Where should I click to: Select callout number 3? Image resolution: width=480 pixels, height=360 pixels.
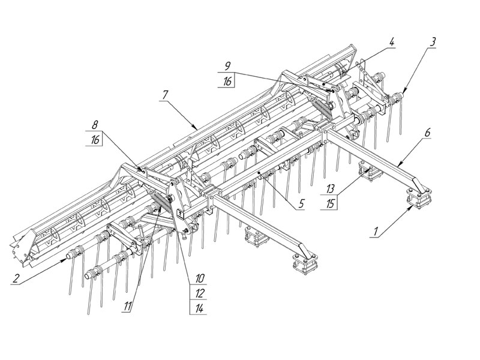coord(432,42)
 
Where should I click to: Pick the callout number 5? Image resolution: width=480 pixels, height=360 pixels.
coord(302,203)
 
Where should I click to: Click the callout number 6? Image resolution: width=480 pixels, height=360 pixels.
coord(427,133)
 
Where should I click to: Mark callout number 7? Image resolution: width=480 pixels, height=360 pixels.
coord(164,95)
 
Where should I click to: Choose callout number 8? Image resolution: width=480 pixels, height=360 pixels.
coord(95,125)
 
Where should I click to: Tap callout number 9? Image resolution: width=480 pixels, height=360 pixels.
coord(227,66)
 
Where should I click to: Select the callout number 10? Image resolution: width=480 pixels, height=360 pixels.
coord(200,278)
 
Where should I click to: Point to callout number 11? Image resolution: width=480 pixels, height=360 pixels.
coord(128,306)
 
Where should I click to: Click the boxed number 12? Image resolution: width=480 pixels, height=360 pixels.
coord(200,293)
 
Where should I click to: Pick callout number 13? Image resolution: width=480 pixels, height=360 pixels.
coord(330,188)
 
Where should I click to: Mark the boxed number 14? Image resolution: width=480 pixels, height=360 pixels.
coord(200,308)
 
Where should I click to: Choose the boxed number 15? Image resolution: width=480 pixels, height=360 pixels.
coord(330,203)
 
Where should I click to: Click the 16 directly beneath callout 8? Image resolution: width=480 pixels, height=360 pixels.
coord(95,140)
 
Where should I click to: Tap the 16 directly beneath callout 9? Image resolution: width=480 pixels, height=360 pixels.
coord(227,81)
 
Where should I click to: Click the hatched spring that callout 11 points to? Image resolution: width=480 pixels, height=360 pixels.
coord(162,202)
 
